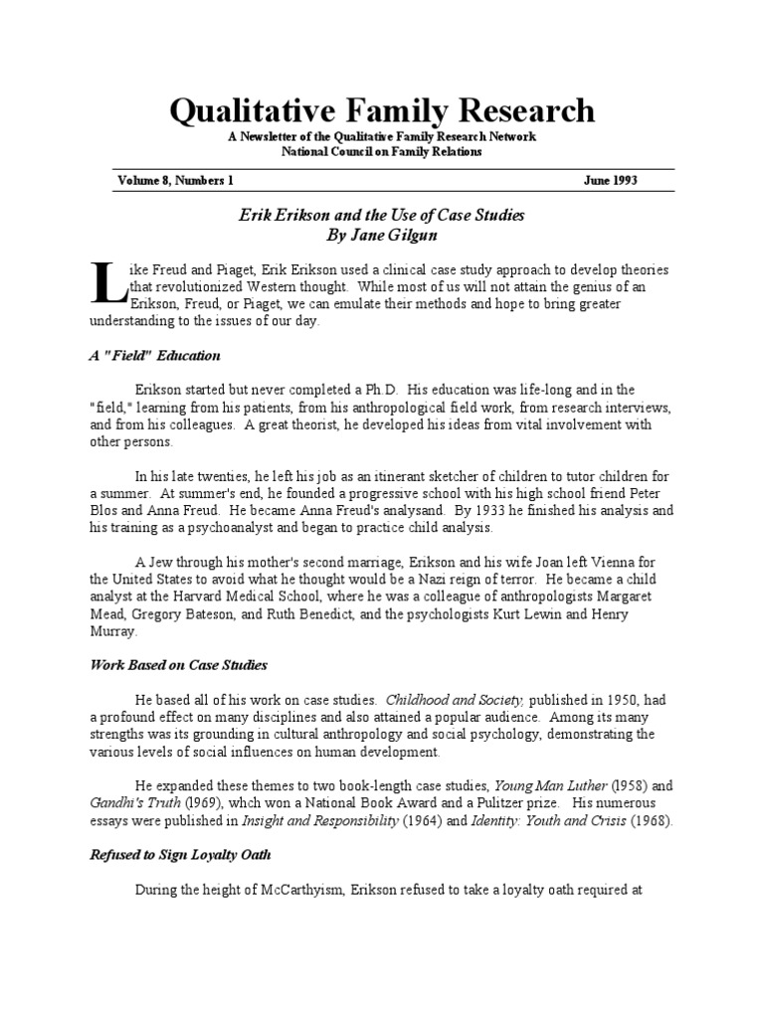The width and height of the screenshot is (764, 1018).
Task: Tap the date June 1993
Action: [610, 181]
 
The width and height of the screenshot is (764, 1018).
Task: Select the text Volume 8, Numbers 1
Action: [175, 181]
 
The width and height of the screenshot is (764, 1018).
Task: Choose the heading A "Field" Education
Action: [154, 355]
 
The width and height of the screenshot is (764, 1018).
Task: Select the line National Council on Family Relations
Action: [381, 151]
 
